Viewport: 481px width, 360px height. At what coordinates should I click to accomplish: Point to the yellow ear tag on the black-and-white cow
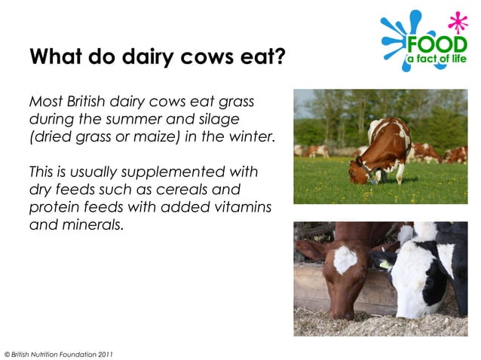coord(385,264)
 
